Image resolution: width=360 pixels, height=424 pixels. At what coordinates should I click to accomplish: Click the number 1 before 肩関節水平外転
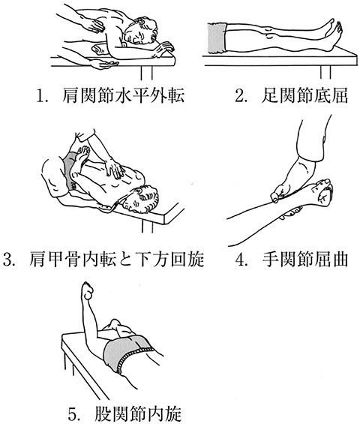click(41, 96)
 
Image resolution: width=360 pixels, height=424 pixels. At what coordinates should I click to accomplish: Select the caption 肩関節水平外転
click(123, 96)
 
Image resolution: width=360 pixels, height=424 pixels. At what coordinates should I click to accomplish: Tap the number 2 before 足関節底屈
click(240, 96)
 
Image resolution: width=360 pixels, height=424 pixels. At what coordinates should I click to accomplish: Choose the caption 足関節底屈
click(304, 96)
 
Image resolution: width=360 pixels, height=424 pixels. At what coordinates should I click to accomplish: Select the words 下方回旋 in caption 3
click(169, 260)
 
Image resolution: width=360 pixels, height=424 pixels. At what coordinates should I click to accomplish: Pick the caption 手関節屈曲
click(304, 260)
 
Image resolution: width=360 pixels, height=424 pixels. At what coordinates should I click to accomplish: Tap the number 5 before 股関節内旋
click(73, 414)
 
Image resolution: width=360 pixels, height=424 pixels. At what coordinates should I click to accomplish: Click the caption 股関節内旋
click(138, 414)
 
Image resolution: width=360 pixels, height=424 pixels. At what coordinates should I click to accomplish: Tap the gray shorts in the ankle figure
click(217, 38)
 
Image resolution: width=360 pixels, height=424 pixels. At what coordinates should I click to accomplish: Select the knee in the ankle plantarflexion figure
click(270, 35)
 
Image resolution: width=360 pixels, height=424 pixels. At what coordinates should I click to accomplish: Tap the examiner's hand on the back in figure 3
click(114, 168)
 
